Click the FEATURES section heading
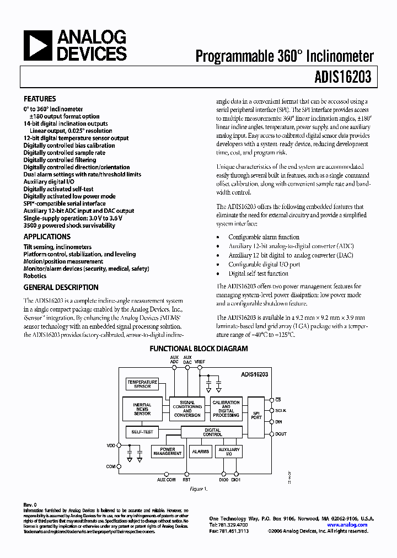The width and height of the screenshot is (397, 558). point(40,99)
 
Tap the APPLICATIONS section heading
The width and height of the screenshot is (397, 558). point(47,237)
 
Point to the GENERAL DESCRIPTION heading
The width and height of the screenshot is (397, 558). point(61,287)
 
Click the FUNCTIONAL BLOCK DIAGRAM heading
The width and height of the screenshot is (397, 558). point(199,349)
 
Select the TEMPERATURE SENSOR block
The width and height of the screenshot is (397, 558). point(142,384)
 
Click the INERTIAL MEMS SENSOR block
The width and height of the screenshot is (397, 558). point(142,408)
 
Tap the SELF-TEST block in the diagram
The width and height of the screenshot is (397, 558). point(142,432)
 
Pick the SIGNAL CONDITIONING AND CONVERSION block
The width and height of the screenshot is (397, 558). point(187,409)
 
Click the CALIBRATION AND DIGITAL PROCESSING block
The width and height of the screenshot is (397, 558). point(226,409)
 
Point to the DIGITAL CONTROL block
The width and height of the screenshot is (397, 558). point(213,432)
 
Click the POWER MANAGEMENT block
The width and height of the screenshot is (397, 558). point(168,452)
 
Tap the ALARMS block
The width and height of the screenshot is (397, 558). point(200,452)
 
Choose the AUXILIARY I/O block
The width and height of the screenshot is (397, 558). point(228,452)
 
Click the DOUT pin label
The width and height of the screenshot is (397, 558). point(281,434)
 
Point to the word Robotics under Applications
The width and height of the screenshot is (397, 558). point(35,276)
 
